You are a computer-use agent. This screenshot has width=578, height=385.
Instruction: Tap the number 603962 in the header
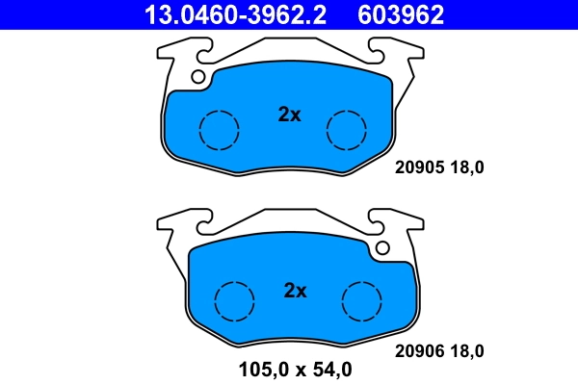(401, 14)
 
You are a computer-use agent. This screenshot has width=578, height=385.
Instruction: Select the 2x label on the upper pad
(289, 115)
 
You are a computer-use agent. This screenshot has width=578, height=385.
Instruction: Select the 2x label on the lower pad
(295, 291)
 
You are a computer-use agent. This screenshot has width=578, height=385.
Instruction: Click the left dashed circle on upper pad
(219, 129)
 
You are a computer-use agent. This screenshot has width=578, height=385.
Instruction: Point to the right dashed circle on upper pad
(346, 129)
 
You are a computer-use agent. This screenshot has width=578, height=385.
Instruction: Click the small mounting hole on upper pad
(198, 77)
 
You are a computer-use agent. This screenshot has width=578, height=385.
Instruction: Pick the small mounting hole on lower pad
(382, 248)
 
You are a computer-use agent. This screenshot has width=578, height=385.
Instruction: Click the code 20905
(418, 167)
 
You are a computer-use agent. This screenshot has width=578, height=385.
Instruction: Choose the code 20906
(418, 350)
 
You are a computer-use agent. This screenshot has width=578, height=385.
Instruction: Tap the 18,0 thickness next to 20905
(465, 167)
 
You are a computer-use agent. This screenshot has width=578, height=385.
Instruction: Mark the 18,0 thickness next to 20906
(465, 350)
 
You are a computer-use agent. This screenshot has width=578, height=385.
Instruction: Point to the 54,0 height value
(330, 369)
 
